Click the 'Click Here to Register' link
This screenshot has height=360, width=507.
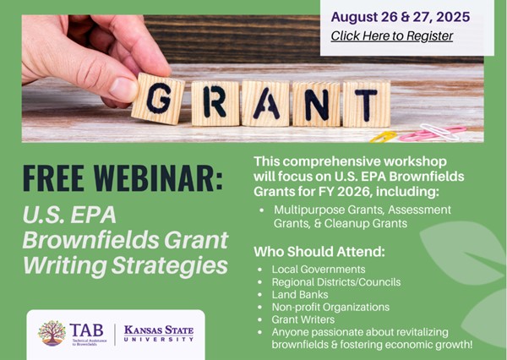(391, 35)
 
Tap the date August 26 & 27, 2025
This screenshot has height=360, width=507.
(400, 16)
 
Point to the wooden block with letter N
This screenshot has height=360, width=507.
(317, 103)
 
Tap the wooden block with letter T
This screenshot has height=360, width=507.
(365, 103)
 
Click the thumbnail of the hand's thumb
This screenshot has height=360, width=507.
(122, 87)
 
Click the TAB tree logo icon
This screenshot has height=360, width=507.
(52, 332)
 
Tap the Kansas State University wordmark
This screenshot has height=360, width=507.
(158, 332)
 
